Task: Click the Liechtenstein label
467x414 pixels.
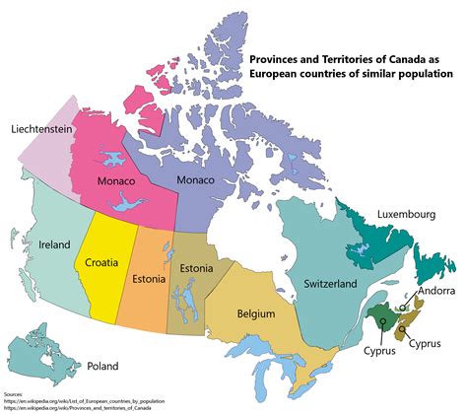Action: coord(46,129)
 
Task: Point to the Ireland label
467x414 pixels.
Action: coord(55,243)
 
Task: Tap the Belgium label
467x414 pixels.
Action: coord(256,313)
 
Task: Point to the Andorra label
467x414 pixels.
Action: coord(434,292)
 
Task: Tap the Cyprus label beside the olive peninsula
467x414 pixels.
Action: coord(432,345)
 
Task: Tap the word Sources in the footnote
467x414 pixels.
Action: coord(15,392)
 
